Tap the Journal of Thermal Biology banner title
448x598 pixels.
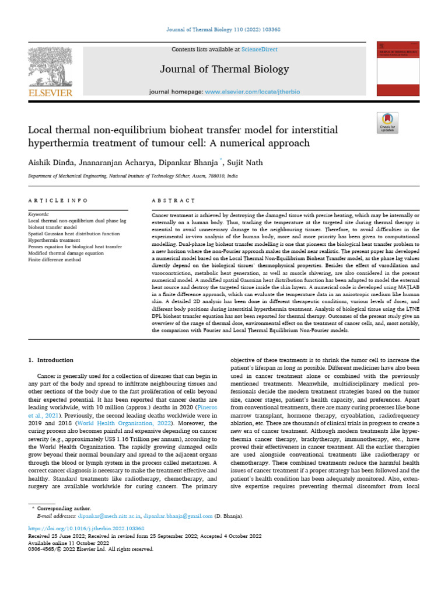tap(225, 69)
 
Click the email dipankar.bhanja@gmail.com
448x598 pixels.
tap(178, 516)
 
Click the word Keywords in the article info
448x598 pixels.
tap(38, 215)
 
